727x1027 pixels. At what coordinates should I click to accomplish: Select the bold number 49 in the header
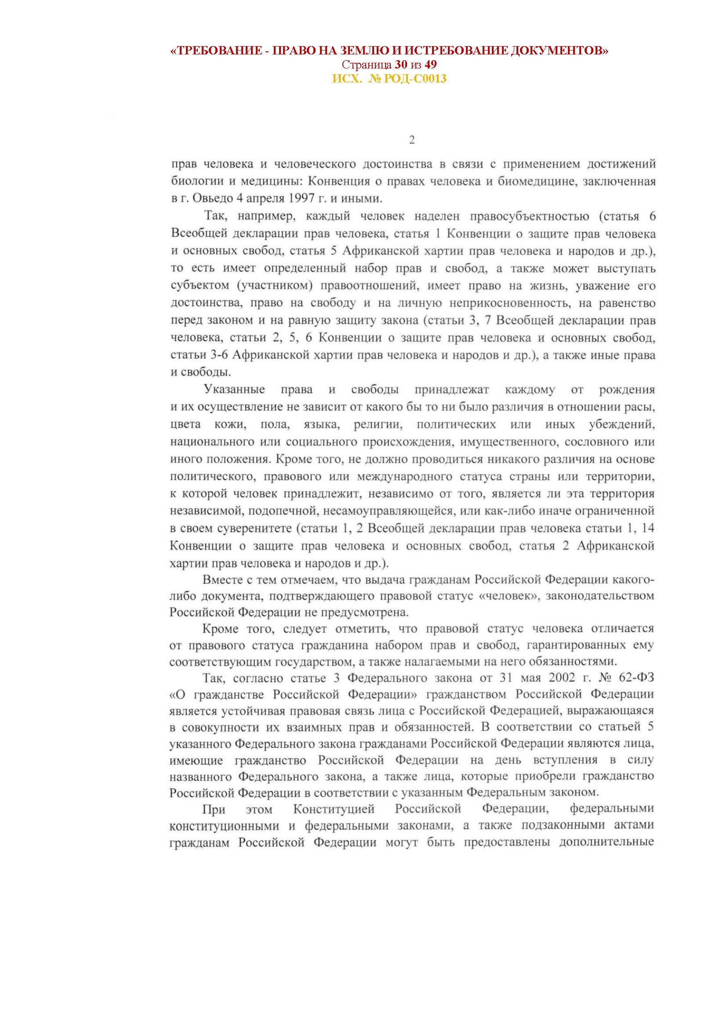(x=431, y=65)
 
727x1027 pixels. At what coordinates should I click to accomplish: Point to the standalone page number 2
(x=412, y=141)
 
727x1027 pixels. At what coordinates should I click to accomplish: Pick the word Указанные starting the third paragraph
(x=235, y=389)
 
